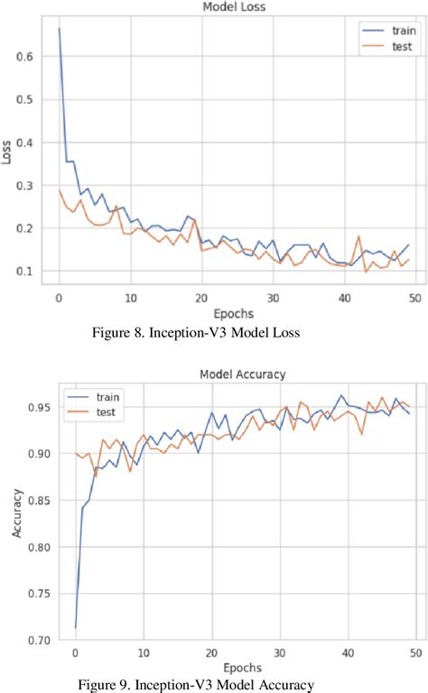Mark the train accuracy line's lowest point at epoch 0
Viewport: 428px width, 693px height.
[x=75, y=627]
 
